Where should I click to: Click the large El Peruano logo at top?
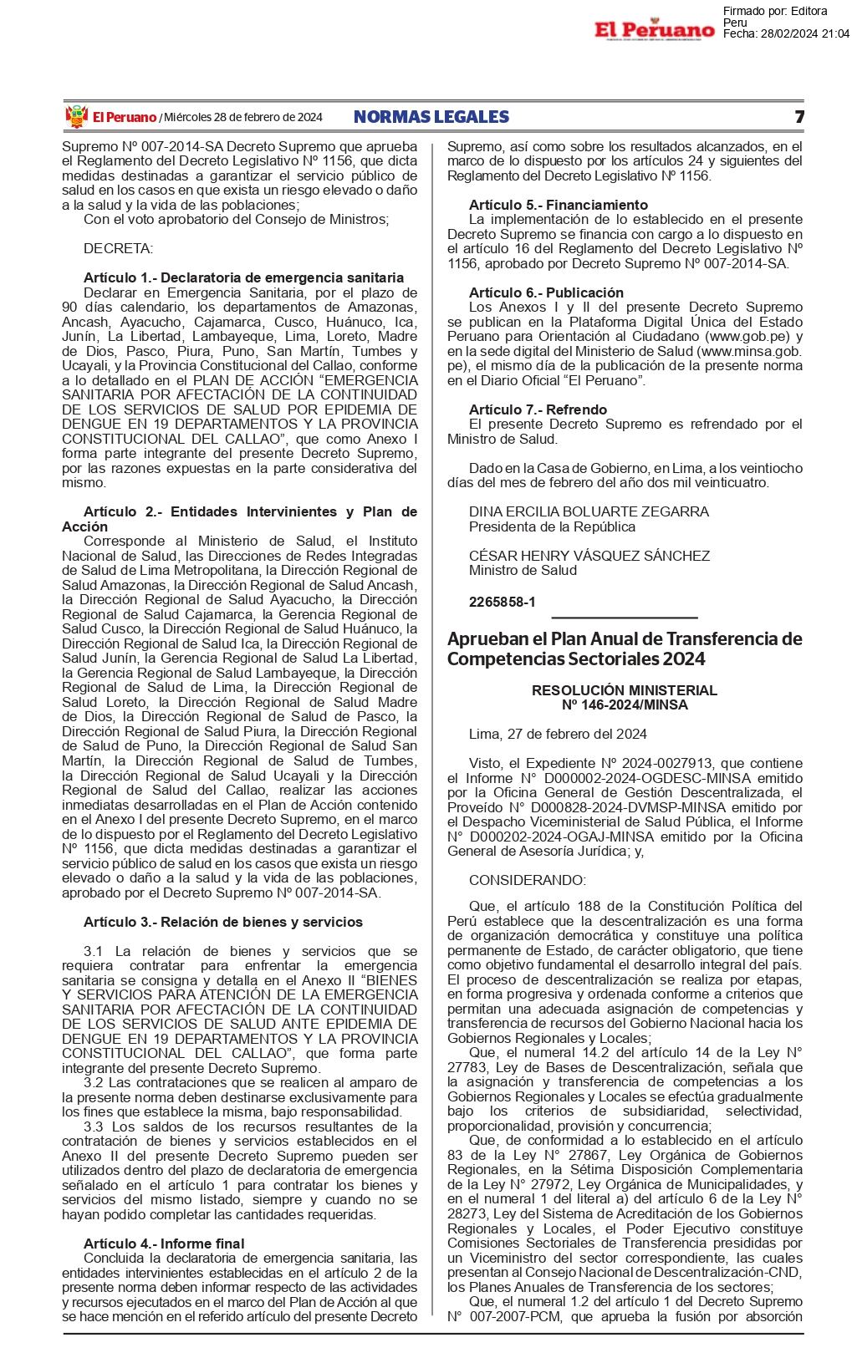pyautogui.click(x=655, y=30)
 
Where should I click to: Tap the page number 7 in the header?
pyautogui.click(x=798, y=117)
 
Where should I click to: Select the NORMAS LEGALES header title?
pyautogui.click(x=431, y=117)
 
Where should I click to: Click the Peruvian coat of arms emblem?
pyautogui.click(x=76, y=117)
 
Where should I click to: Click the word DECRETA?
pyautogui.click(x=119, y=248)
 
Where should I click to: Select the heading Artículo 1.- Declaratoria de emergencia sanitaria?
pyautogui.click(x=243, y=277)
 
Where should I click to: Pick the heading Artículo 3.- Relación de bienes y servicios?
pyautogui.click(x=223, y=922)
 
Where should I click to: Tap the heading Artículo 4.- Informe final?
pyautogui.click(x=164, y=1244)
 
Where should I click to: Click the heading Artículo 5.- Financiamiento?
pyautogui.click(x=558, y=205)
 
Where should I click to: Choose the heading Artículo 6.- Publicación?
pyautogui.click(x=546, y=292)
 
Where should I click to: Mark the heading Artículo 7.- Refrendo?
pyautogui.click(x=538, y=409)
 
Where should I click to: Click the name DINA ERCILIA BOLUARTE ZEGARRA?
pyautogui.click(x=589, y=511)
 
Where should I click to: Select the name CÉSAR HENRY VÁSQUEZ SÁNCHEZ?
pyautogui.click(x=589, y=556)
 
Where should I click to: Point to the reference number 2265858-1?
pyautogui.click(x=502, y=602)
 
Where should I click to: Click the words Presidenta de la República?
pyautogui.click(x=552, y=526)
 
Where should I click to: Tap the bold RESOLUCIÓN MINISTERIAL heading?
pyautogui.click(x=625, y=690)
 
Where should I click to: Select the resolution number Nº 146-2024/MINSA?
pyautogui.click(x=625, y=704)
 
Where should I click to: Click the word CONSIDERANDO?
pyautogui.click(x=528, y=880)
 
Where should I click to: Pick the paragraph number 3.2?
pyautogui.click(x=94, y=1082)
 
